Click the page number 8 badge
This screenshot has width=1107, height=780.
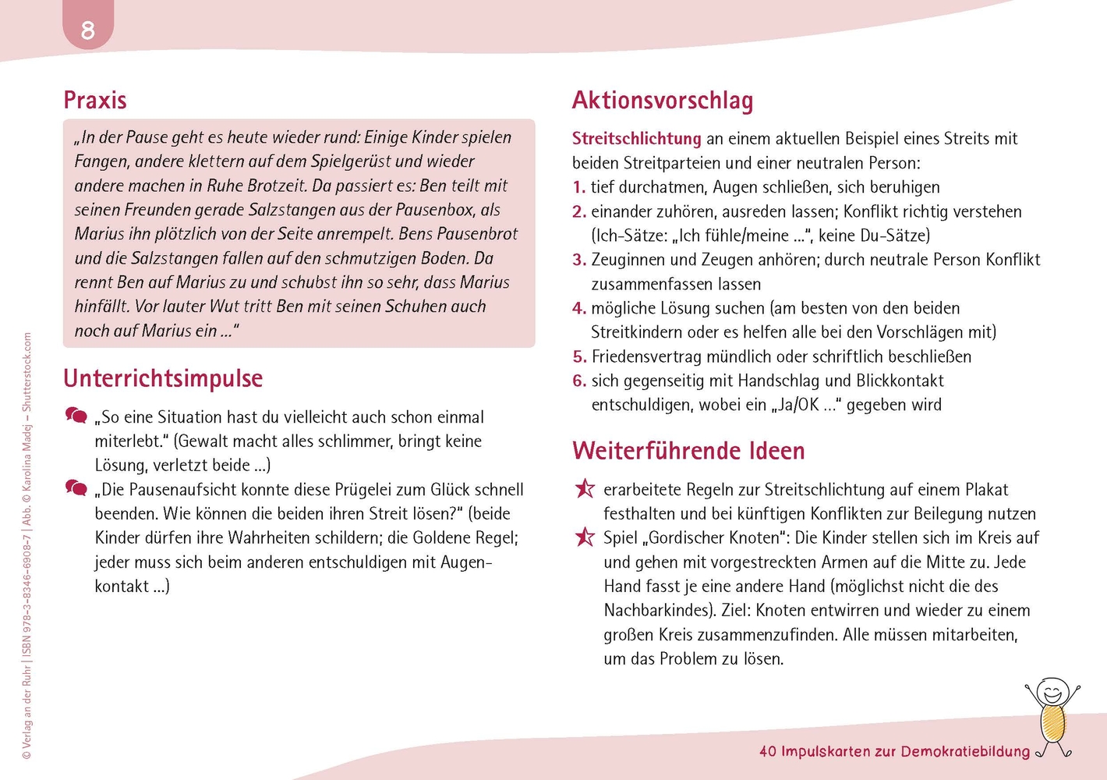88,30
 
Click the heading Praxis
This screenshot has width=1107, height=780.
95,101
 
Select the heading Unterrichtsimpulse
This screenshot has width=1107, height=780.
163,378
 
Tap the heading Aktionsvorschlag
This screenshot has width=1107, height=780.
663,101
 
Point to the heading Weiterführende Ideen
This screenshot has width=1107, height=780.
688,451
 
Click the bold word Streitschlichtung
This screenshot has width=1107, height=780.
636,139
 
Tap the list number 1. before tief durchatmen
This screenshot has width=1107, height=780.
578,187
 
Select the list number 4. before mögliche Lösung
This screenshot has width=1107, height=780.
579,308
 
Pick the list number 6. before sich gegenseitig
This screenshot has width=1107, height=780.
579,381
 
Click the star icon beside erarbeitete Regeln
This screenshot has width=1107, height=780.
584,489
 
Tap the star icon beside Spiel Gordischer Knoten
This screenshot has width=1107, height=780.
584,537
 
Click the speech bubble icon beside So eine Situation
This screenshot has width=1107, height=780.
76,416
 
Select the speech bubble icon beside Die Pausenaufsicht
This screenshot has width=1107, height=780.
76,488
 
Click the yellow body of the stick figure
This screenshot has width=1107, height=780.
1052,723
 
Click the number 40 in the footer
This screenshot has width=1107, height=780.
768,752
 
